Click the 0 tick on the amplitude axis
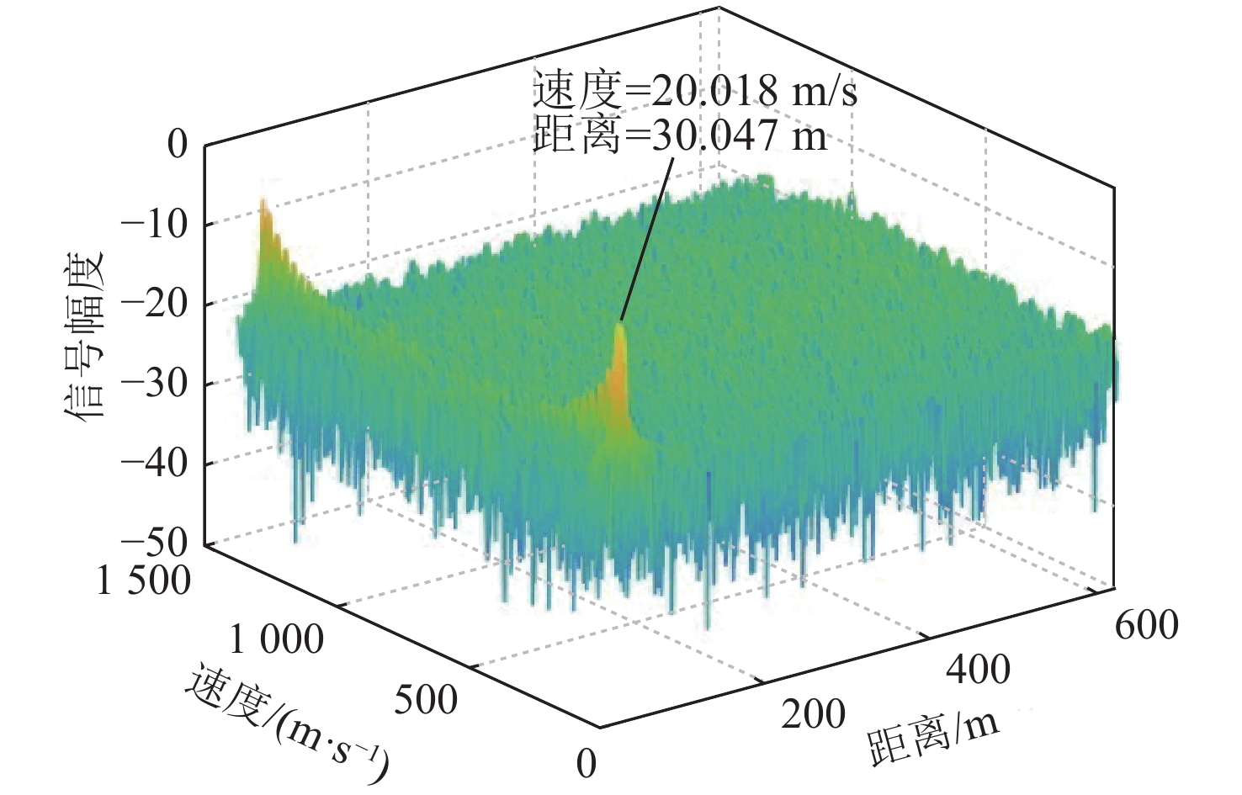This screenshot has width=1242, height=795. (178, 145)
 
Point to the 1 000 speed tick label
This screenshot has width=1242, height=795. (276, 640)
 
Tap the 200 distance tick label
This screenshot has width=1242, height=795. (813, 714)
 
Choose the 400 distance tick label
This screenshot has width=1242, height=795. (978, 670)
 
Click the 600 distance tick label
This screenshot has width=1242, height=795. (1146, 626)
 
